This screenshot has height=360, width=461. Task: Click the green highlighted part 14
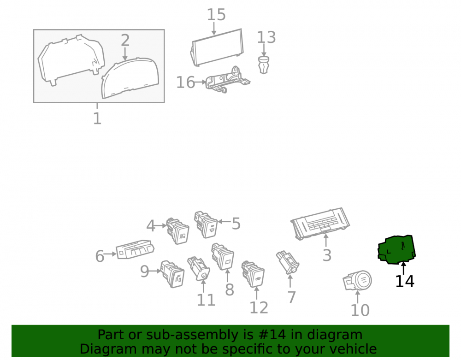point(396,250)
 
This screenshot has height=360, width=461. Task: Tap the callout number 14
point(405,281)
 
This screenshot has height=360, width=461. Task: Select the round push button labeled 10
point(358,280)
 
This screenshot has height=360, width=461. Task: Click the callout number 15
point(216,15)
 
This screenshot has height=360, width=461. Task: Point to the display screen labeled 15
point(217,47)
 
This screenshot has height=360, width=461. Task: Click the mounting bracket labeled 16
point(228,79)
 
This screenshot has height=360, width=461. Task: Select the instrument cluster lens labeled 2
point(130,78)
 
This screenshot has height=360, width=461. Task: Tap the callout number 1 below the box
point(97,118)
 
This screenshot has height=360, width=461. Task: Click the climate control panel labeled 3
point(320,224)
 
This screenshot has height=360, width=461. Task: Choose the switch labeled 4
point(177,230)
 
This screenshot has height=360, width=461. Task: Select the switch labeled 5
point(206,224)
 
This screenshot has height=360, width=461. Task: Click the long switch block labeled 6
point(135,249)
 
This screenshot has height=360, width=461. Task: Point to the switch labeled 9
point(172,274)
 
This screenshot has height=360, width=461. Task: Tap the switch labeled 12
point(253,274)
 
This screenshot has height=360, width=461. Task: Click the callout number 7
point(291,297)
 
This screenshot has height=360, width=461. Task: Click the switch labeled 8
point(223,256)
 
